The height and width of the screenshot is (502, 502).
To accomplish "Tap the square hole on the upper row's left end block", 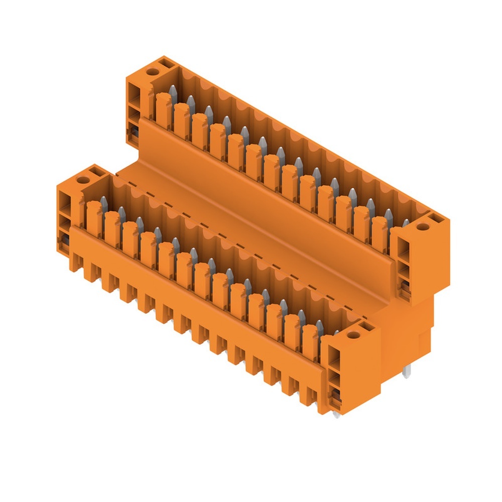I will point(164,64).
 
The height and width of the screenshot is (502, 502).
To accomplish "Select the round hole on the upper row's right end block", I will point(423,227).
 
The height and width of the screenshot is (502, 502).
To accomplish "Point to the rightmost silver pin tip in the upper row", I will point(406,222).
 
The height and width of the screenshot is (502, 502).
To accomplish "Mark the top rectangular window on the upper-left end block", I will point(134,93).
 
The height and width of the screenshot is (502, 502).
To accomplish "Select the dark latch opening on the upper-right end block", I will point(405,287).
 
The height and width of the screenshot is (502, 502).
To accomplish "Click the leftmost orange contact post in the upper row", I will point(162,108).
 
